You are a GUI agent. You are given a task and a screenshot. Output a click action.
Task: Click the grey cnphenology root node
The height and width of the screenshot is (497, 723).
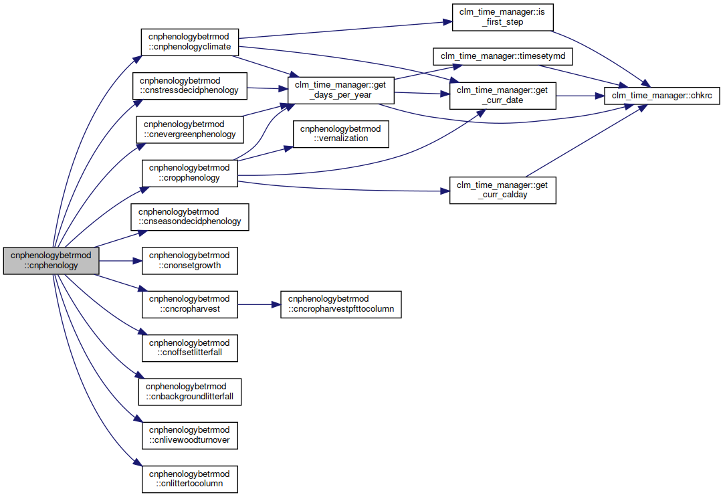pos(51,260)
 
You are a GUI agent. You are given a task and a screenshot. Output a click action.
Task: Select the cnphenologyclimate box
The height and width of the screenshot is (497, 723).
pos(189,42)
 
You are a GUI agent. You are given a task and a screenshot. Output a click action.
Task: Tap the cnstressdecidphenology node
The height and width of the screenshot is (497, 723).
pos(189,86)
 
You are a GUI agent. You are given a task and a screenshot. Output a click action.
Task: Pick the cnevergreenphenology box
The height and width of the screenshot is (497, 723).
pos(189,130)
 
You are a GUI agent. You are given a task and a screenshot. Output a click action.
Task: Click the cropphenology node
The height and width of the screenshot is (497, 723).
pos(189,173)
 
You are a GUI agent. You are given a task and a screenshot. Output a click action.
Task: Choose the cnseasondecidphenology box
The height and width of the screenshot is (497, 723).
pos(189,217)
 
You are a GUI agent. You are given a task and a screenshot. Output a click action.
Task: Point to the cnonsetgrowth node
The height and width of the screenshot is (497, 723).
pos(189,260)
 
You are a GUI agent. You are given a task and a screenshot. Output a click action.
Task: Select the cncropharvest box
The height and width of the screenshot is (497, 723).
pos(189,304)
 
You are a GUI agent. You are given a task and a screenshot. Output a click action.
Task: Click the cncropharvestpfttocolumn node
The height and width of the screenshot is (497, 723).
pos(340,304)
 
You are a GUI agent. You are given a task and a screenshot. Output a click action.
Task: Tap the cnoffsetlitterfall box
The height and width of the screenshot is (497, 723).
pos(189,348)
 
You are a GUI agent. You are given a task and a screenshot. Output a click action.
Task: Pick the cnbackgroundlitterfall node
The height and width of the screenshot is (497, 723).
pos(189,392)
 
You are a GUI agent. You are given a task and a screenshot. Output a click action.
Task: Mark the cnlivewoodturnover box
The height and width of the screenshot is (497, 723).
pos(189,435)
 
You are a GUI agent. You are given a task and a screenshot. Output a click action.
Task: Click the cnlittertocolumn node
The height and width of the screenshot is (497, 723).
pos(189,479)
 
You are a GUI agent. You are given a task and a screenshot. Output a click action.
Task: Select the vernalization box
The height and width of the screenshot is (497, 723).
pos(340,134)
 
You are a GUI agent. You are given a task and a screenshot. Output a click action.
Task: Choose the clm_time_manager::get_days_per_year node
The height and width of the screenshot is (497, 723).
pos(340,90)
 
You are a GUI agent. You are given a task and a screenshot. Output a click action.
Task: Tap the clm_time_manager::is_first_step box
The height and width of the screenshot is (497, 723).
pos(502,17)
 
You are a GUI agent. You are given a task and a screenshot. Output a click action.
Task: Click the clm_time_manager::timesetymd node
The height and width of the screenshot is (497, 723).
pos(502,56)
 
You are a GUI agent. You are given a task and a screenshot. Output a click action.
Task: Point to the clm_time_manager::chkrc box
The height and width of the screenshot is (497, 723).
pos(661,96)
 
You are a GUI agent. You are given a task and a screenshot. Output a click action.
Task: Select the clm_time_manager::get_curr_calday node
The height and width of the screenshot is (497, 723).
pos(502,190)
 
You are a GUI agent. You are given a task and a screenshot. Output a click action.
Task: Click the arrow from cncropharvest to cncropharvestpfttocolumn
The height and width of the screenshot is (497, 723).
pos(259,305)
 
